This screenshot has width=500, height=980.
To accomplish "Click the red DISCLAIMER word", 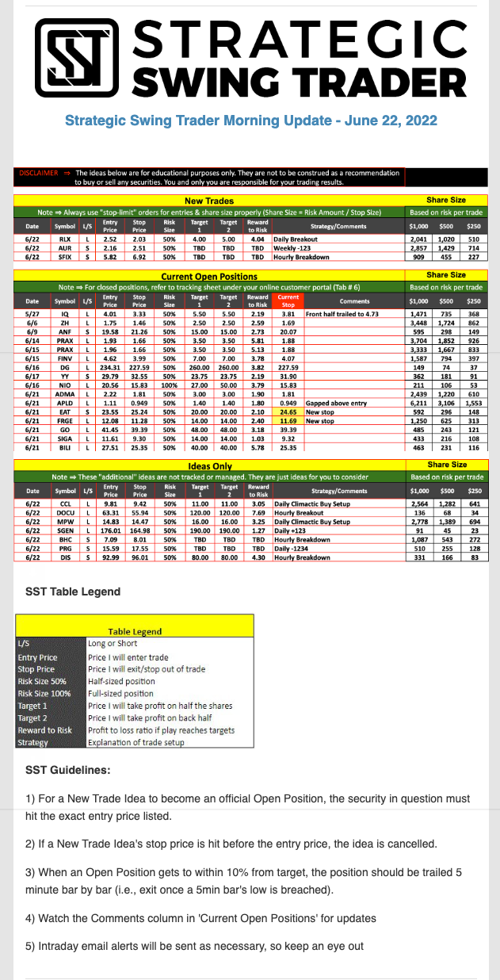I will [36, 172].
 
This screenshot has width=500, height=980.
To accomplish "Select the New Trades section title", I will [209, 201].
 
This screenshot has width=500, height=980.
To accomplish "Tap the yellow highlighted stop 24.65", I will [288, 413].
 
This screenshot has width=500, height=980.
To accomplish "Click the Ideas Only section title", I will [209, 466].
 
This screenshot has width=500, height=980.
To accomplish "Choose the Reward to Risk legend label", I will [45, 730].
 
